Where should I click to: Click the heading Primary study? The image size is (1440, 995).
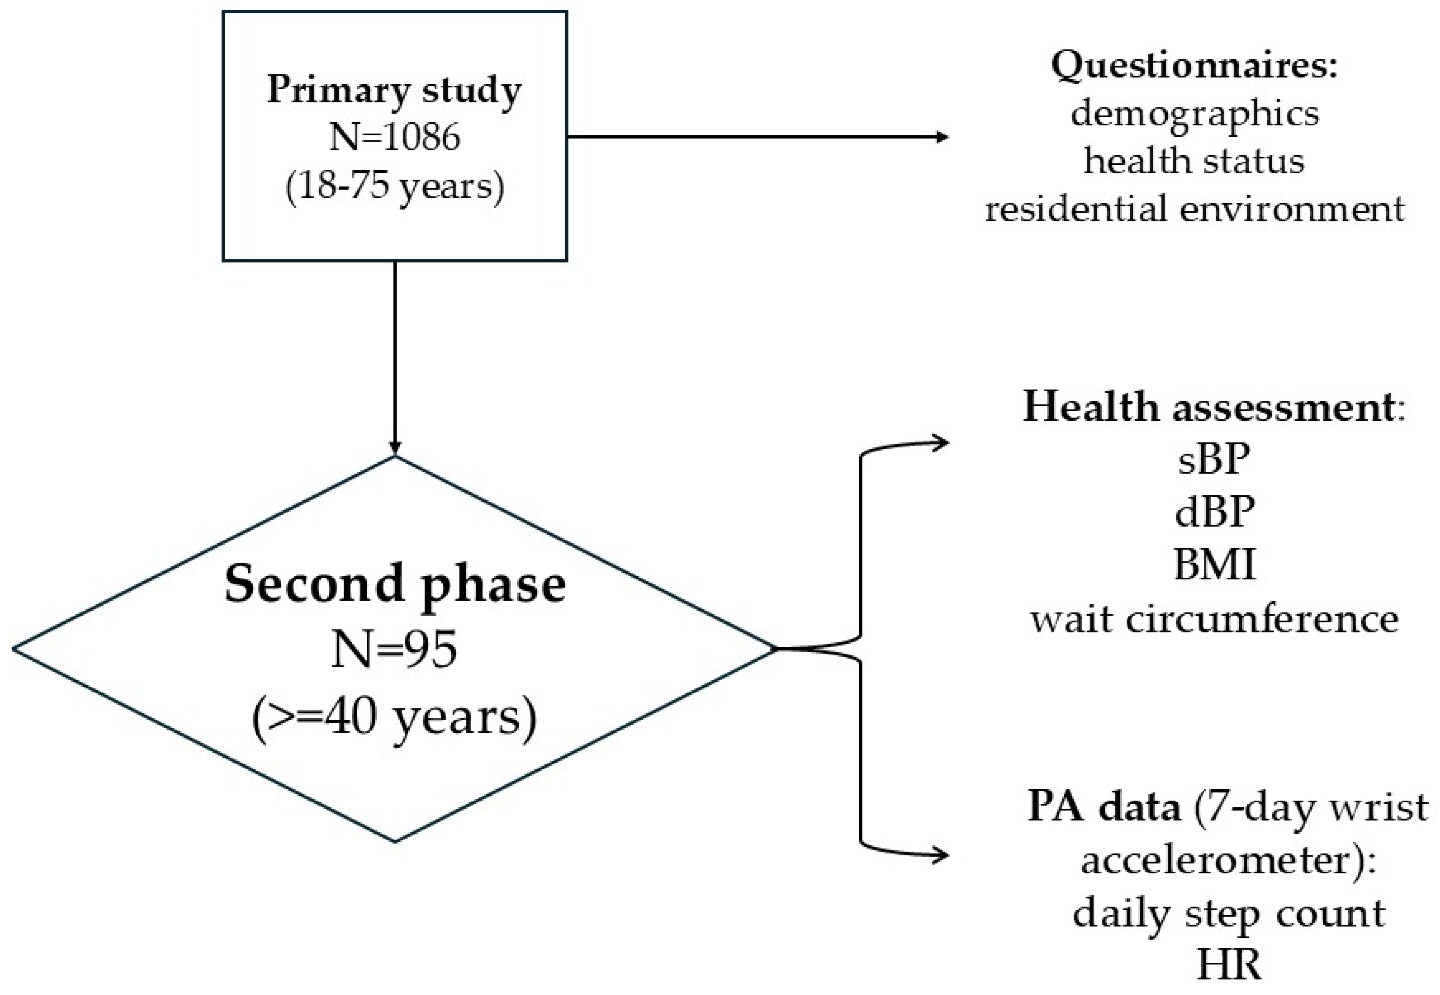click(394, 90)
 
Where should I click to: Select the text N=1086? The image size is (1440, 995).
click(394, 137)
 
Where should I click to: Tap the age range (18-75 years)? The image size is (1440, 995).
click(394, 186)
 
